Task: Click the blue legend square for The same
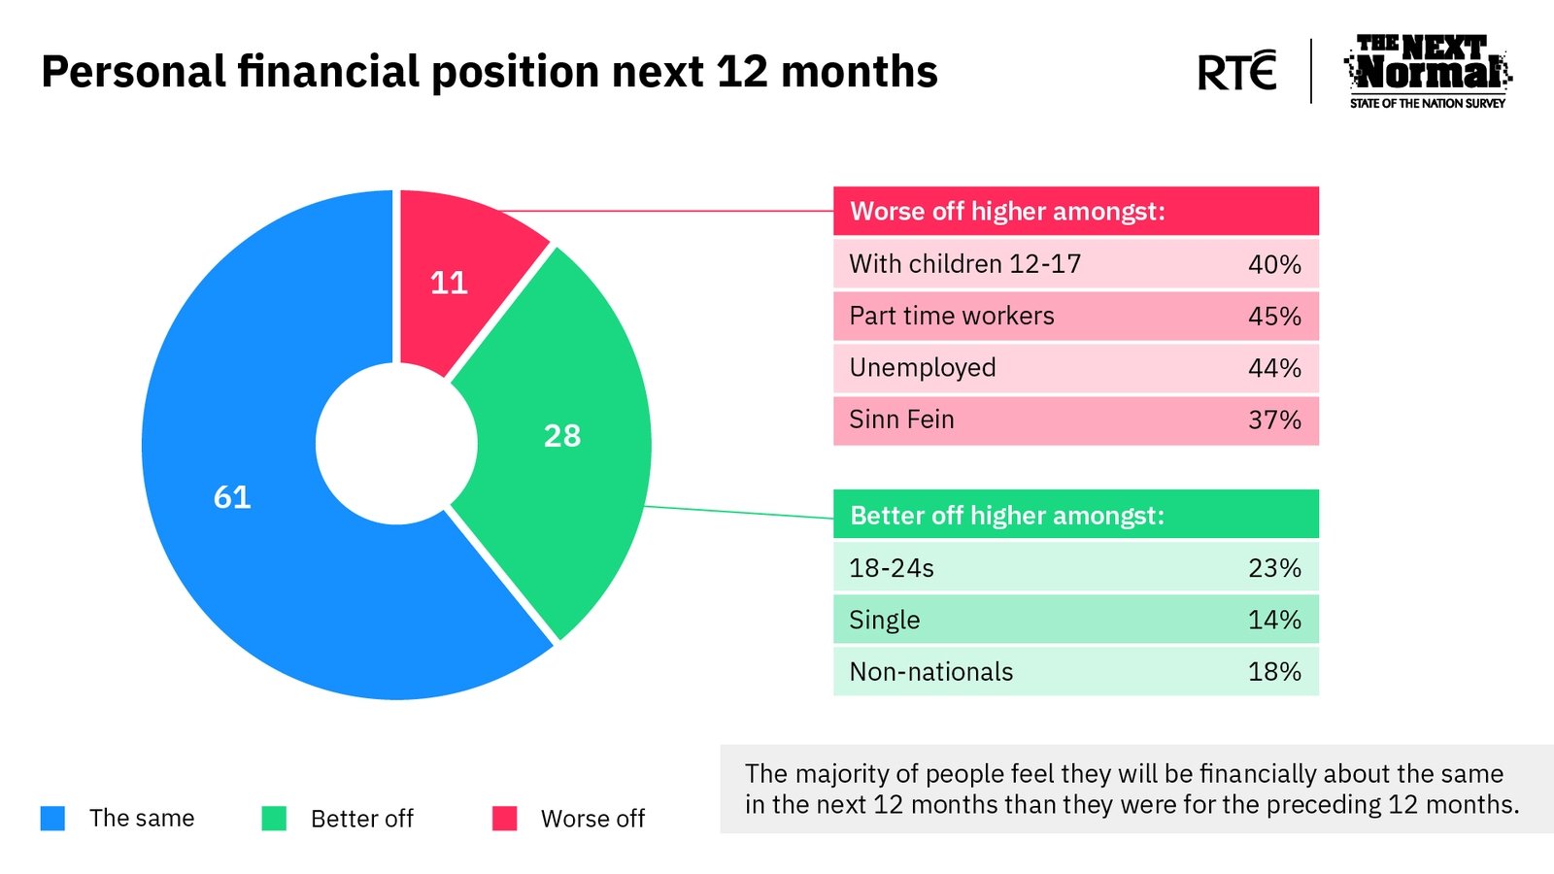(52, 818)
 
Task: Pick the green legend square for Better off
(274, 818)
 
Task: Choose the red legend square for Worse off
(504, 818)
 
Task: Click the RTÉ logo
(1237, 70)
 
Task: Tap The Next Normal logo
(1428, 72)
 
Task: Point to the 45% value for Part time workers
(1274, 317)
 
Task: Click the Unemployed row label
(922, 368)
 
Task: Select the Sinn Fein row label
(901, 420)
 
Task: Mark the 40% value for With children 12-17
(1274, 264)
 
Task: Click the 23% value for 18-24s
(1274, 568)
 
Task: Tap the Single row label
(885, 620)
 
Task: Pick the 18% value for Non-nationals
(1274, 671)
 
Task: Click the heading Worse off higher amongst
(1007, 211)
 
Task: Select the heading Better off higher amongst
(1006, 516)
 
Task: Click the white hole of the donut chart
(397, 444)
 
